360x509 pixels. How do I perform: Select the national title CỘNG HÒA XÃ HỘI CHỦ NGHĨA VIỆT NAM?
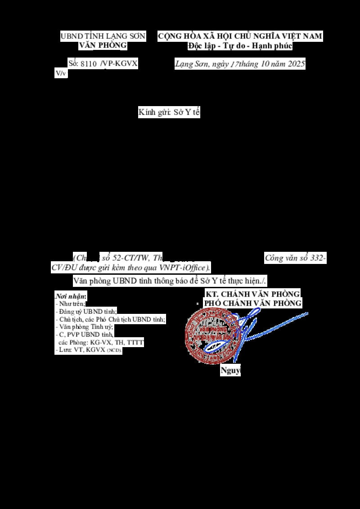[x=240, y=36]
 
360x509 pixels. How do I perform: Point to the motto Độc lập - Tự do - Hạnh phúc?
[x=240, y=46]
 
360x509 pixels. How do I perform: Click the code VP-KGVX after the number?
[x=119, y=64]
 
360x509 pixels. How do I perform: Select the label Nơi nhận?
[x=71, y=297]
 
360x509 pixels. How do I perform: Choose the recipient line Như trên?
[x=72, y=304]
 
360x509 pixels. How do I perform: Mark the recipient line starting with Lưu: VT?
[x=85, y=349]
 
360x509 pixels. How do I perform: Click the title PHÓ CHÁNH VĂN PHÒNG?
[x=252, y=304]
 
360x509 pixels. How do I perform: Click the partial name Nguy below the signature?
[x=230, y=371]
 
